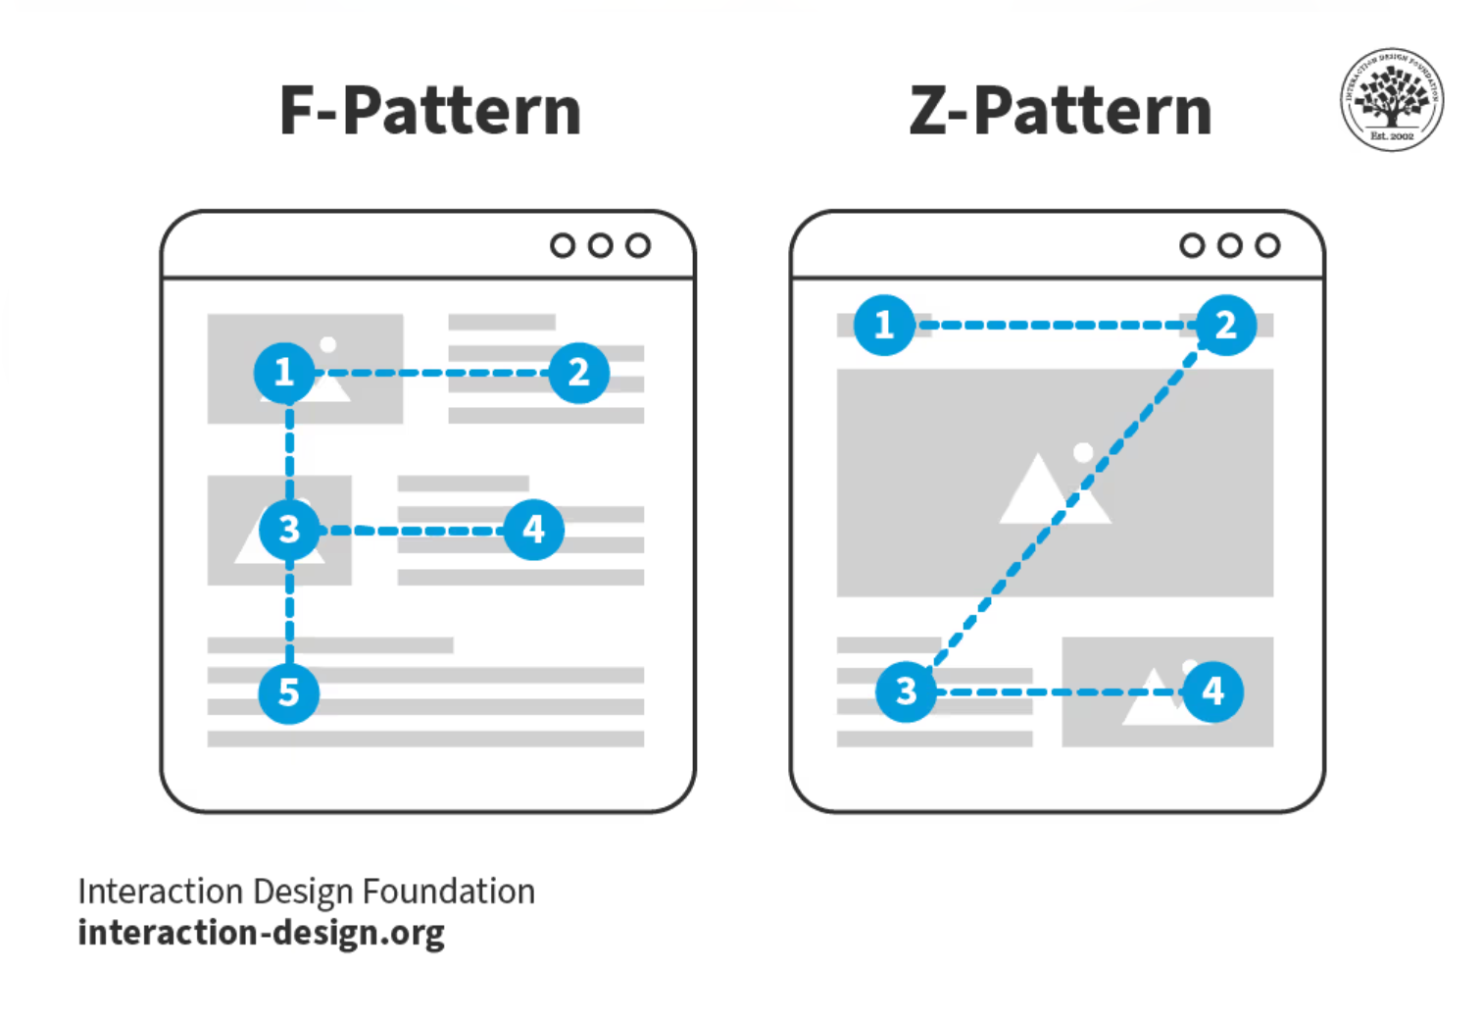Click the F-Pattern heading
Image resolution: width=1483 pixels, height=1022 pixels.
coord(430,110)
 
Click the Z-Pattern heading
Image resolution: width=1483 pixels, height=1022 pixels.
coord(1061,110)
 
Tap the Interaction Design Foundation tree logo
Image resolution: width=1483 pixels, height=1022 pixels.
coord(1391,99)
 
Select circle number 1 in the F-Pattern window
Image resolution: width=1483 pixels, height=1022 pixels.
coord(284,373)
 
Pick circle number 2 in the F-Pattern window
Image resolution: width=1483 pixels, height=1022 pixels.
coord(578,373)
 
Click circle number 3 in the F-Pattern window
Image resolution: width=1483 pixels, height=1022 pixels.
coord(288,530)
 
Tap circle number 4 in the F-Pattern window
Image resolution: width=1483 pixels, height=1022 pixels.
coord(533,530)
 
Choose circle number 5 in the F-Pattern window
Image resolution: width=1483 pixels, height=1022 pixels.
coord(288,692)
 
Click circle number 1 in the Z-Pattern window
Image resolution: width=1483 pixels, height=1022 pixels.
coord(884,325)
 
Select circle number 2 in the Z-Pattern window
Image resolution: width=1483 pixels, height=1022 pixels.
coord(1225,325)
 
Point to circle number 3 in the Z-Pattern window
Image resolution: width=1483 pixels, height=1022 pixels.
coord(906,691)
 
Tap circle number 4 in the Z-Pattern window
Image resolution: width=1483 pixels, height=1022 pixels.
coord(1212,691)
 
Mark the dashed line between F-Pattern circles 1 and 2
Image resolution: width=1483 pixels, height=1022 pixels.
coord(431,373)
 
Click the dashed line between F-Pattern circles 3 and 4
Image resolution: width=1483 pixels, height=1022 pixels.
coord(412,531)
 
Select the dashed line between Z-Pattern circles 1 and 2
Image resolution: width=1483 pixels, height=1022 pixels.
coord(1055,325)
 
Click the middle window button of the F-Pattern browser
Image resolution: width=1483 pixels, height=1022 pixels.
coord(600,245)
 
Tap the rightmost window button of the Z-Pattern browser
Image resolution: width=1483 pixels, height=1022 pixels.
coord(1267,245)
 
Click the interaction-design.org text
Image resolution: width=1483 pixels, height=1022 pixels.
coord(261,933)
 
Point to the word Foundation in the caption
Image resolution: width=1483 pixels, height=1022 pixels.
coord(449,892)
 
